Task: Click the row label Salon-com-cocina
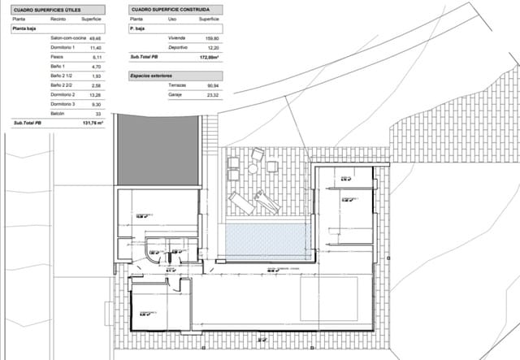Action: click(67, 38)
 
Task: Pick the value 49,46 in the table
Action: click(96, 38)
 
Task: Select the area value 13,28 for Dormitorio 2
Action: click(96, 94)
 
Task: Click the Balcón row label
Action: click(58, 113)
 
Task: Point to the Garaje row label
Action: click(175, 94)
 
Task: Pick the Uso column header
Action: click(171, 17)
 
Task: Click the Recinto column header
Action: click(58, 17)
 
